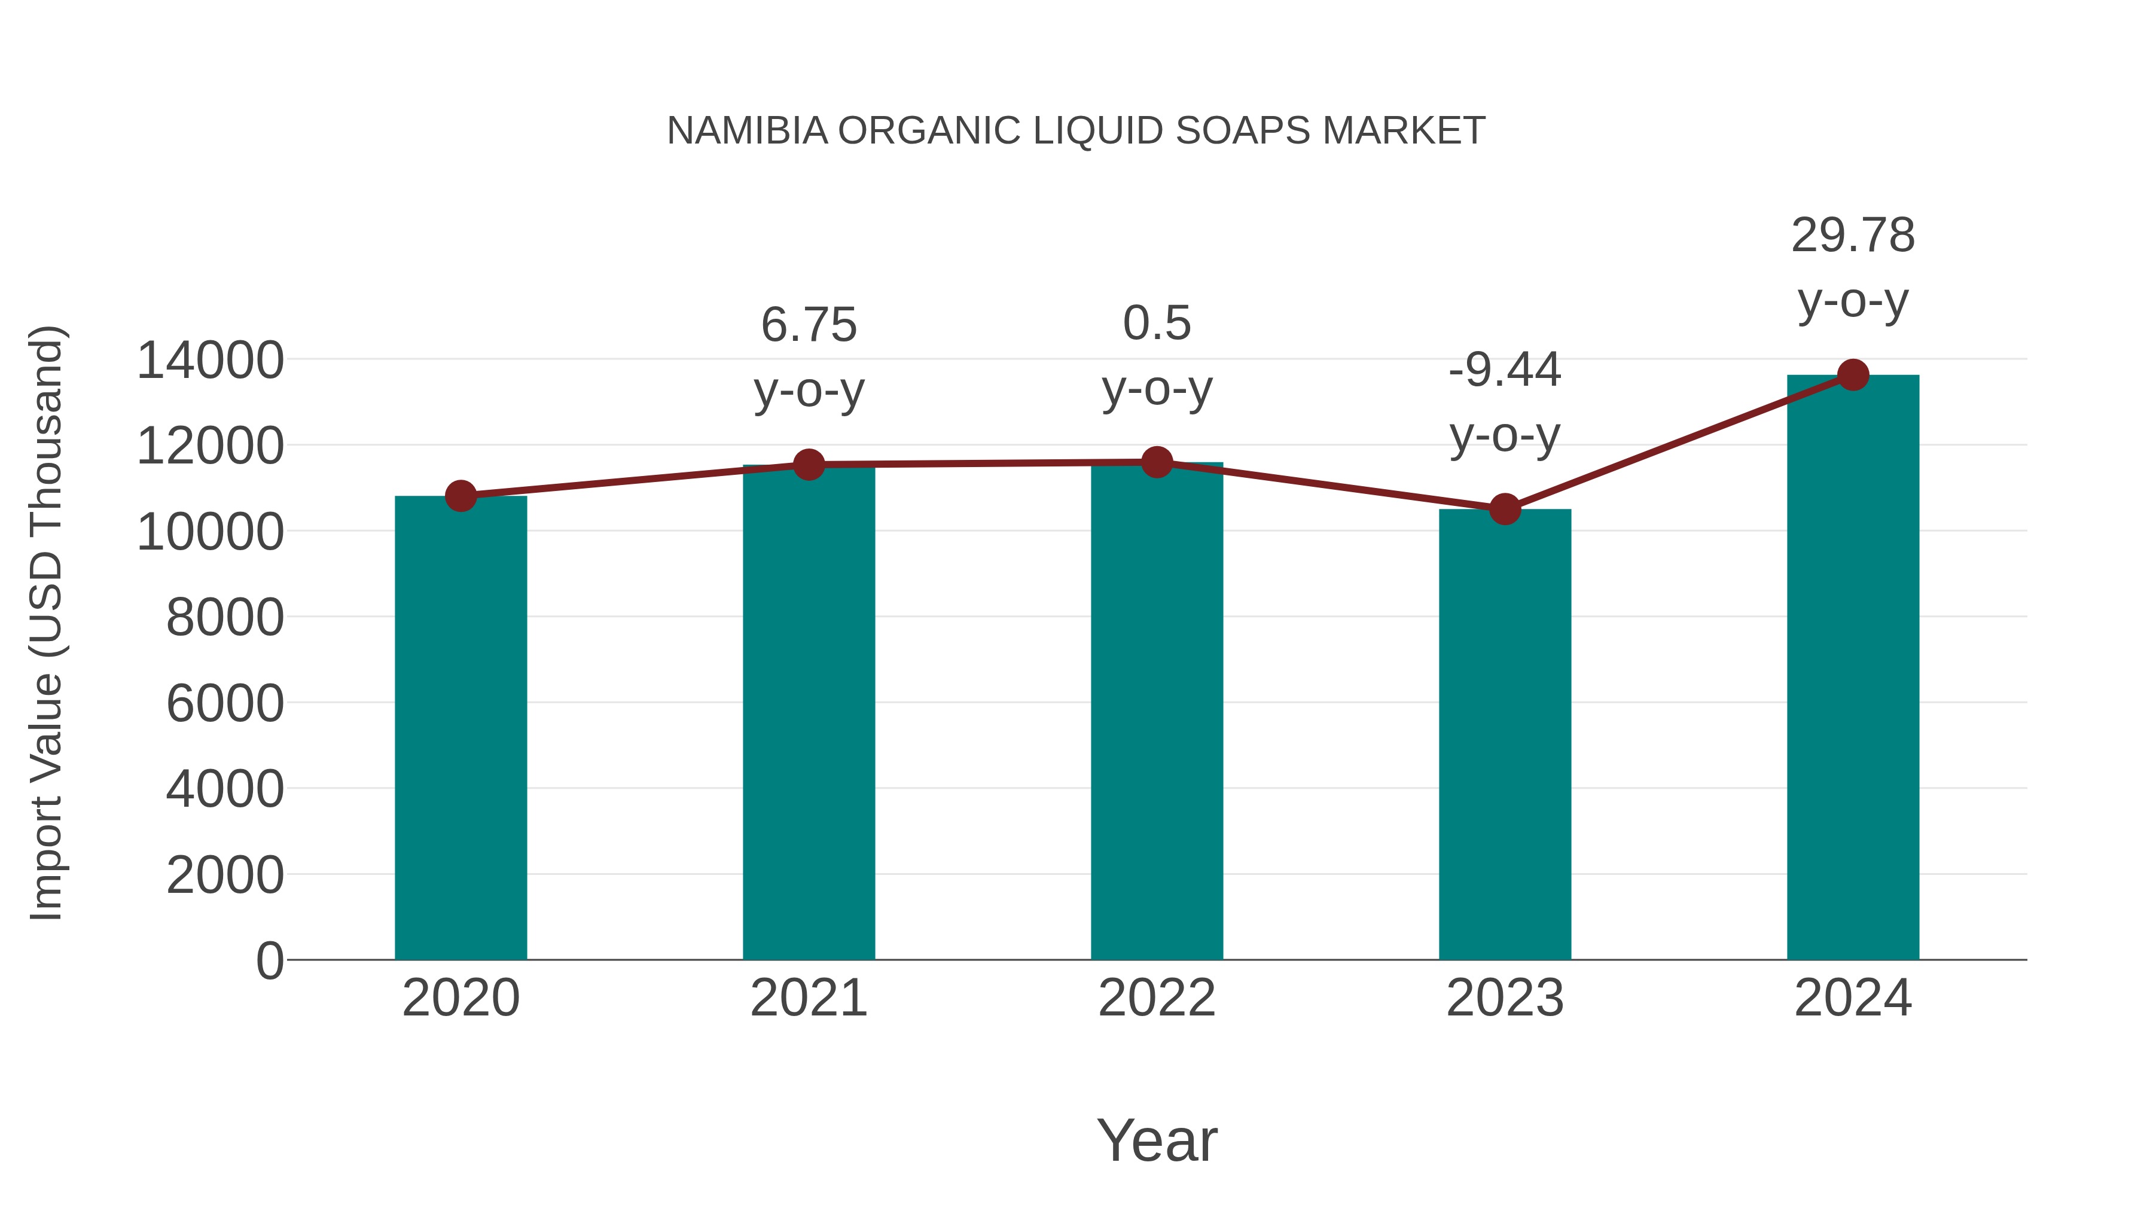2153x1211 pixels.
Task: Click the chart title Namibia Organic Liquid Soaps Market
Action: tap(1076, 131)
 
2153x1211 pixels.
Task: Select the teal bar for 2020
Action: tap(461, 727)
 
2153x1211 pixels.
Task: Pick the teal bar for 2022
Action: tap(1157, 710)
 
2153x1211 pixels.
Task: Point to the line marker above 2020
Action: tap(461, 496)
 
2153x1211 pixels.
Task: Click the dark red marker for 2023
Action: tap(1505, 509)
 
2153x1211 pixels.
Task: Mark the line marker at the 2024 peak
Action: tap(1853, 375)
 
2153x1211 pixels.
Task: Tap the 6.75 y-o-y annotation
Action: tap(808, 357)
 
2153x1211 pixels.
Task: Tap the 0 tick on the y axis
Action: tap(269, 960)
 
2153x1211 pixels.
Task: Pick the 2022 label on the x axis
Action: tap(1157, 998)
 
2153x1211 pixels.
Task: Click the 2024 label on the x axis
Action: tap(1853, 998)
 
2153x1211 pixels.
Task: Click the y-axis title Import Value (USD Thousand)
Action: tap(47, 623)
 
